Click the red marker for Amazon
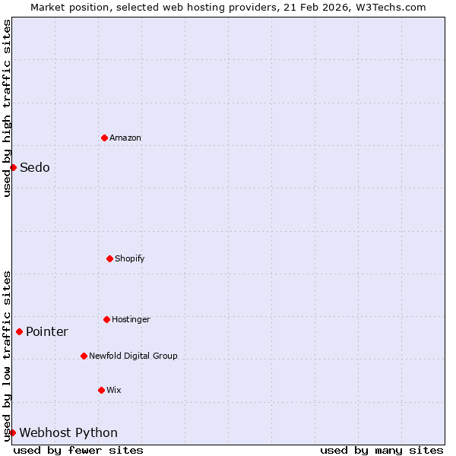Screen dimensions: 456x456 click(x=105, y=138)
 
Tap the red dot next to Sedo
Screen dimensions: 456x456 click(x=13, y=167)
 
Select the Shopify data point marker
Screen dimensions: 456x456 click(x=109, y=258)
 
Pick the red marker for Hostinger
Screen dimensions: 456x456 click(x=106, y=319)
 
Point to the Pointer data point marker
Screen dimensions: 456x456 click(x=19, y=331)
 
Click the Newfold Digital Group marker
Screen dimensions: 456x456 click(x=84, y=356)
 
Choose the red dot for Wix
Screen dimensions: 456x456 click(x=101, y=390)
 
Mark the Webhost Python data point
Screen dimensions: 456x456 click(x=12, y=432)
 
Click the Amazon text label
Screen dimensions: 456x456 click(x=125, y=138)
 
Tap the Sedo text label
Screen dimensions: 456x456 click(x=35, y=167)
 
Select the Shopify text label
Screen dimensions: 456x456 click(x=130, y=258)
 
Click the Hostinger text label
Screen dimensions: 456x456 click(x=131, y=319)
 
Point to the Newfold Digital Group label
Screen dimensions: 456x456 click(x=134, y=356)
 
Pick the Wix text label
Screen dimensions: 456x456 click(x=114, y=390)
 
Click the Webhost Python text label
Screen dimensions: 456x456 click(x=68, y=432)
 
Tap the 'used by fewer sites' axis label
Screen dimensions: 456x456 click(x=78, y=450)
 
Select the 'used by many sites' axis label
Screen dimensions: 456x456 click(x=382, y=450)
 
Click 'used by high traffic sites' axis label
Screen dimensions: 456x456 click(x=7, y=108)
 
